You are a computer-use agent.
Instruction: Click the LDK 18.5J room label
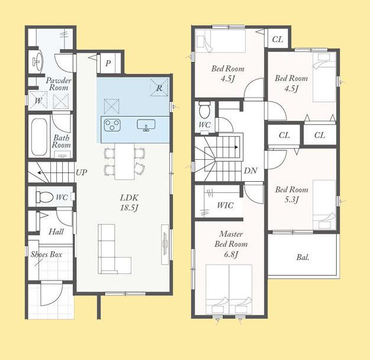129,202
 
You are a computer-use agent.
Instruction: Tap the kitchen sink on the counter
146,125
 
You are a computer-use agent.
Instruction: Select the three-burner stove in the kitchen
112,125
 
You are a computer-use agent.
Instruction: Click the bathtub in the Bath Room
39,137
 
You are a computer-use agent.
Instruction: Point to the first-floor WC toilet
44,197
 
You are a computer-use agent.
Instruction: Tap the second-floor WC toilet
204,110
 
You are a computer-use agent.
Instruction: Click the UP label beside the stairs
82,172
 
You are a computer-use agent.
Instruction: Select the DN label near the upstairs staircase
250,171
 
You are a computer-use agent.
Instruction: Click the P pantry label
108,63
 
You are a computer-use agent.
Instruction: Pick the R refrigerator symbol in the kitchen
159,88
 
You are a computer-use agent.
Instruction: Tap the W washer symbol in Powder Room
38,101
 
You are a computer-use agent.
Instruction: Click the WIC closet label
226,205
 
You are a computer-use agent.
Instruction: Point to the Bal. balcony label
303,257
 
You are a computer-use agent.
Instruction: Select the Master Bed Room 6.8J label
231,244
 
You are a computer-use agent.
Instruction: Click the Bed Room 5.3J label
292,195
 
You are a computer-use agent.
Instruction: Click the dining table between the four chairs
124,162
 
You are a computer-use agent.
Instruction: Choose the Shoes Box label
47,254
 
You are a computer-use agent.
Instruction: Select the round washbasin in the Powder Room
37,62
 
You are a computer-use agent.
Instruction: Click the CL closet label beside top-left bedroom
278,39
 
